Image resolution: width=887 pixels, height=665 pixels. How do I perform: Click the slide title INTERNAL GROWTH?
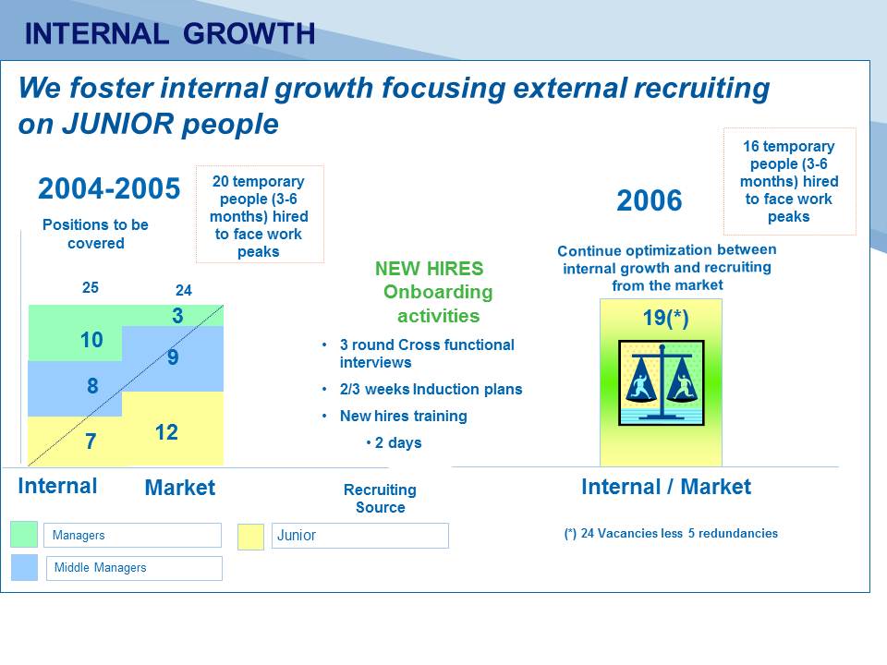[170, 34]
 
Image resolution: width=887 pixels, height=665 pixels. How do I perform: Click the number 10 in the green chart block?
[91, 340]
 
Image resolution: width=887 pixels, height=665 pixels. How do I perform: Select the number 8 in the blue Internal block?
[92, 386]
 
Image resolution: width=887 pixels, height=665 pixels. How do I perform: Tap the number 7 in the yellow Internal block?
[91, 441]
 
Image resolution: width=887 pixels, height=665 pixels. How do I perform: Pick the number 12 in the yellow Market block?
[166, 432]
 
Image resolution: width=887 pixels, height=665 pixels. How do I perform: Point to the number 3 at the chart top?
[177, 316]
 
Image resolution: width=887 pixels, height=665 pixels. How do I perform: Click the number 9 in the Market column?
[173, 357]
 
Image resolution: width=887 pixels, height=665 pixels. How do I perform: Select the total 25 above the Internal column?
[91, 287]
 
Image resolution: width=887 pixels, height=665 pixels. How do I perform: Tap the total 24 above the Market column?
[184, 290]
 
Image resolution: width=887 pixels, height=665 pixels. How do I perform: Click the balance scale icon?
[662, 382]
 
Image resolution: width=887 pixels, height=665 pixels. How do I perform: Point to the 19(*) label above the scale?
[666, 318]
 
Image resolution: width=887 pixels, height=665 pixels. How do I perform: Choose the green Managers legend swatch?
[24, 535]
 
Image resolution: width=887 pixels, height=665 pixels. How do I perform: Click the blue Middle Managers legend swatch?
[24, 567]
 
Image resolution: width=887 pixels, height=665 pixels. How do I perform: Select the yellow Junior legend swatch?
[250, 537]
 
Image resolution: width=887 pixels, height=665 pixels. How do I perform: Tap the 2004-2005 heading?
[109, 188]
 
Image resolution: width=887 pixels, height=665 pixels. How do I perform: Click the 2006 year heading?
[650, 200]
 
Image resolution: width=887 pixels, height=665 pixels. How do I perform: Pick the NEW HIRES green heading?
[430, 269]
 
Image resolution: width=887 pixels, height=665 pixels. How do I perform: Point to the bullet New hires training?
[404, 417]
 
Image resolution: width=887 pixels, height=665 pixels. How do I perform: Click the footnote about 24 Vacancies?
[671, 533]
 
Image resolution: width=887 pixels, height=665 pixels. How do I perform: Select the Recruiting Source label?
[380, 498]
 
